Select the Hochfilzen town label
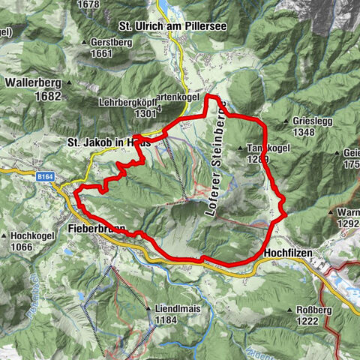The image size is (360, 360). pos(292,254)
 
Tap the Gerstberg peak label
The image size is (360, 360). pos(111,43)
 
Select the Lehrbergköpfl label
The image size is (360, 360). pos(129,103)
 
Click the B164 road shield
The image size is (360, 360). pos(46,177)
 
